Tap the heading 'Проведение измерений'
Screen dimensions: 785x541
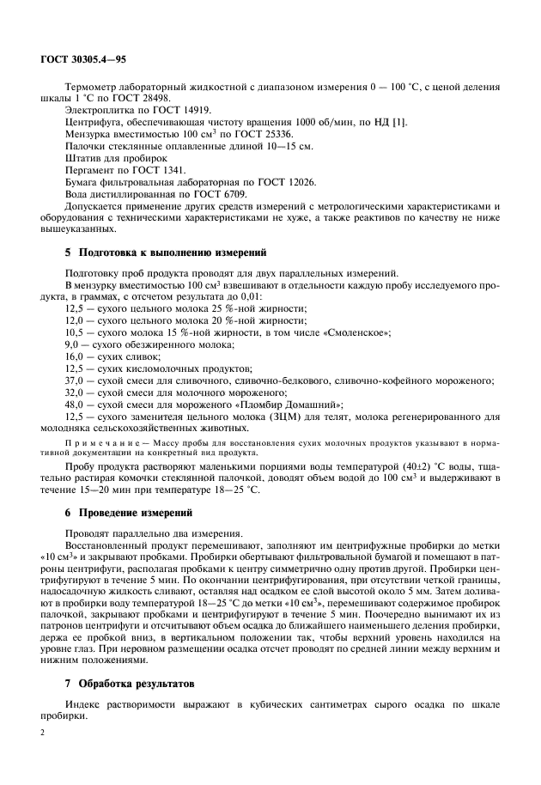pos(136,512)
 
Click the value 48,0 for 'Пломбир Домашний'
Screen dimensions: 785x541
pos(75,403)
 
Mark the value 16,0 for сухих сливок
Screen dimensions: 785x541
pos(75,355)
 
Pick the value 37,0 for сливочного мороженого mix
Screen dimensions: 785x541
pos(75,379)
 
